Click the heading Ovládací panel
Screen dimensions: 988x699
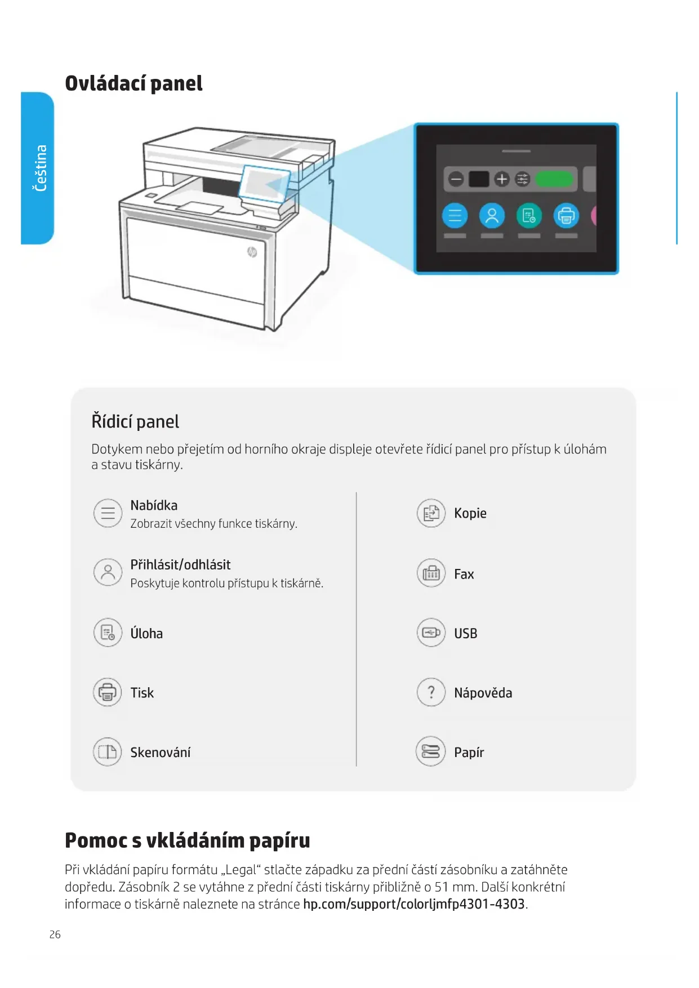pyautogui.click(x=133, y=83)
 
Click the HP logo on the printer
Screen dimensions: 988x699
pyautogui.click(x=252, y=252)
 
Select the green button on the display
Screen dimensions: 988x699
pyautogui.click(x=554, y=179)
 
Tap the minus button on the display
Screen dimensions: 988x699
pyautogui.click(x=456, y=179)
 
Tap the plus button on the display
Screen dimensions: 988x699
pyautogui.click(x=501, y=179)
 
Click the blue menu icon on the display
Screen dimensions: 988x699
pyautogui.click(x=455, y=216)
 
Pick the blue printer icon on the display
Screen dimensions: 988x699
pyautogui.click(x=566, y=216)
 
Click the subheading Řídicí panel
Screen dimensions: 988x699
pyautogui.click(x=135, y=421)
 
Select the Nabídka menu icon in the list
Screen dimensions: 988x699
pyautogui.click(x=108, y=513)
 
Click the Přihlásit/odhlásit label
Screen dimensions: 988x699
pyautogui.click(x=180, y=565)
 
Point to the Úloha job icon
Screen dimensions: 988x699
pyautogui.click(x=108, y=633)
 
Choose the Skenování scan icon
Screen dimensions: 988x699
pyautogui.click(x=108, y=752)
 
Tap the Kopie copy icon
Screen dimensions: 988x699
pyautogui.click(x=431, y=513)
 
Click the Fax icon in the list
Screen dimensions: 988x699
pyautogui.click(x=431, y=573)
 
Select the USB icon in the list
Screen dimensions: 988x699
pyautogui.click(x=431, y=633)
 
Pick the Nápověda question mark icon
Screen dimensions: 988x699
pyautogui.click(x=431, y=692)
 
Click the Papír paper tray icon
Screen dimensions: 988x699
pyautogui.click(x=431, y=752)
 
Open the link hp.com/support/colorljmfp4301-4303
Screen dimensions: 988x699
pyautogui.click(x=413, y=904)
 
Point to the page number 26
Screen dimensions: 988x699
pyautogui.click(x=55, y=934)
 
